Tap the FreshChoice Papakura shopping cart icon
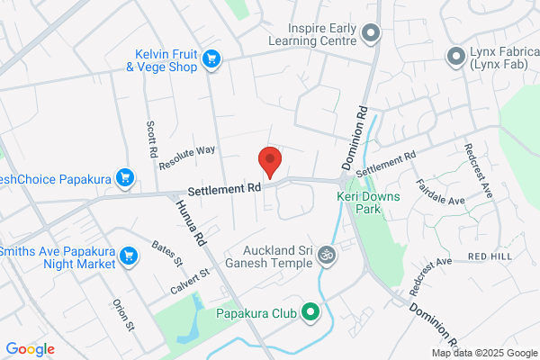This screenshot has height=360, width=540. (126, 178)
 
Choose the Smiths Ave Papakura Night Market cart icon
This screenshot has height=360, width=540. (130, 256)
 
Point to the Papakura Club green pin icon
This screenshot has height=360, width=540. (310, 313)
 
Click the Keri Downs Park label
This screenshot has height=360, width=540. (358, 202)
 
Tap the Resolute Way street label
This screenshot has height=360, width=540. (187, 158)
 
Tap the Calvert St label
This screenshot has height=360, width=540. (188, 280)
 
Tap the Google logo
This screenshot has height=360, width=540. (30, 349)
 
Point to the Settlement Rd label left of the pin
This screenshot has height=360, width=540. (224, 189)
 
